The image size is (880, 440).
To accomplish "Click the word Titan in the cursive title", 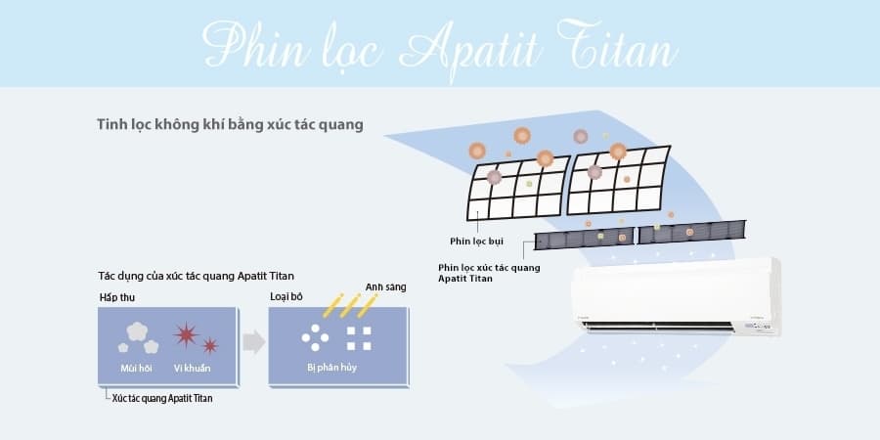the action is point(617,46).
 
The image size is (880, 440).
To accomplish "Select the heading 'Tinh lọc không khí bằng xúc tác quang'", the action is point(230,124).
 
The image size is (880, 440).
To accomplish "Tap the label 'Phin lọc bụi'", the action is point(476,242).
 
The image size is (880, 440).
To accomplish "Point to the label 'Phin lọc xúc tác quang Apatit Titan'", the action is point(489,273).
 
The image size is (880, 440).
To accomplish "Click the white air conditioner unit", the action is point(676,297).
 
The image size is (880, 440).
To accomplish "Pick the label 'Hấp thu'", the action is point(116,298).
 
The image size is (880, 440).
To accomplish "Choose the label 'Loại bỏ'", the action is point(286,297).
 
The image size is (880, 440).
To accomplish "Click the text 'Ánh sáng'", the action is point(385,287).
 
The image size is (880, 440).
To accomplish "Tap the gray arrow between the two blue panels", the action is point(253,342).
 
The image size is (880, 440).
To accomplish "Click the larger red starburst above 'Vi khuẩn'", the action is point(186,334).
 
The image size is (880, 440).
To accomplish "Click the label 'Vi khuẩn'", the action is point(192,369).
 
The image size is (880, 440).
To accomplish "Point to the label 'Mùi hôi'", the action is point(135,369).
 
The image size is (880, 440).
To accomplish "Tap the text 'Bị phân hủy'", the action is point(331,369).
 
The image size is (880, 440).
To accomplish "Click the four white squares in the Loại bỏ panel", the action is point(359,338).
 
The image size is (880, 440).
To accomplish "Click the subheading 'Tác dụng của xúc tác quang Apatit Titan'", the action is point(196,276).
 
